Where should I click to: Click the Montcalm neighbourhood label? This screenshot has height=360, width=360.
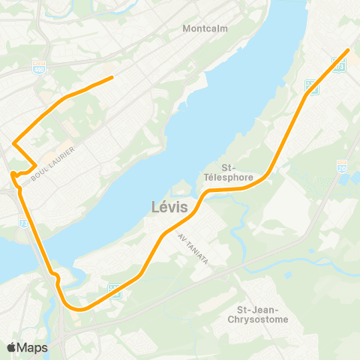coord(203,29)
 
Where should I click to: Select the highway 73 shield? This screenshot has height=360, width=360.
coord(25,220)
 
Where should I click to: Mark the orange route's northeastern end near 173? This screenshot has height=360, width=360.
coord(348,50)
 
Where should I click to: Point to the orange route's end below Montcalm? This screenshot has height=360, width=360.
coord(112,77)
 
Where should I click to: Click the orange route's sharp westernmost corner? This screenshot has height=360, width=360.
coord(13,142)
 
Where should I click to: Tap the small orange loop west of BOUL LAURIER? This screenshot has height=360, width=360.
coord(14,175)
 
